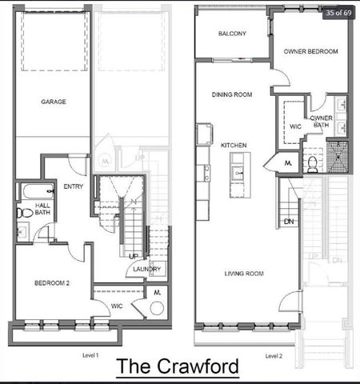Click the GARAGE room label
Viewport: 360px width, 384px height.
(x=54, y=102)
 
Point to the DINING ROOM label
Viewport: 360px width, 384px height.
(x=232, y=94)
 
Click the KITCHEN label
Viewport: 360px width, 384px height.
(x=234, y=145)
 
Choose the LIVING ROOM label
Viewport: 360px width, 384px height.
(x=243, y=274)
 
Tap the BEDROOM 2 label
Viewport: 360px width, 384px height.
(x=50, y=283)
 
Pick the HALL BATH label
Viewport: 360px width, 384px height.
(x=43, y=209)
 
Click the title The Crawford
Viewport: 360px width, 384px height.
(x=178, y=368)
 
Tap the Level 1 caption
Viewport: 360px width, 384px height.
(x=90, y=354)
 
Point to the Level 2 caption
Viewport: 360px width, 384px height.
(x=274, y=354)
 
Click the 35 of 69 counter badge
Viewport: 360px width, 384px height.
(x=335, y=12)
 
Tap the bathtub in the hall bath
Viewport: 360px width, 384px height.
(x=31, y=193)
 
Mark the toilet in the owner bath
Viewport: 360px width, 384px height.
(x=314, y=163)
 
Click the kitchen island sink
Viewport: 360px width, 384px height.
(x=238, y=172)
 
